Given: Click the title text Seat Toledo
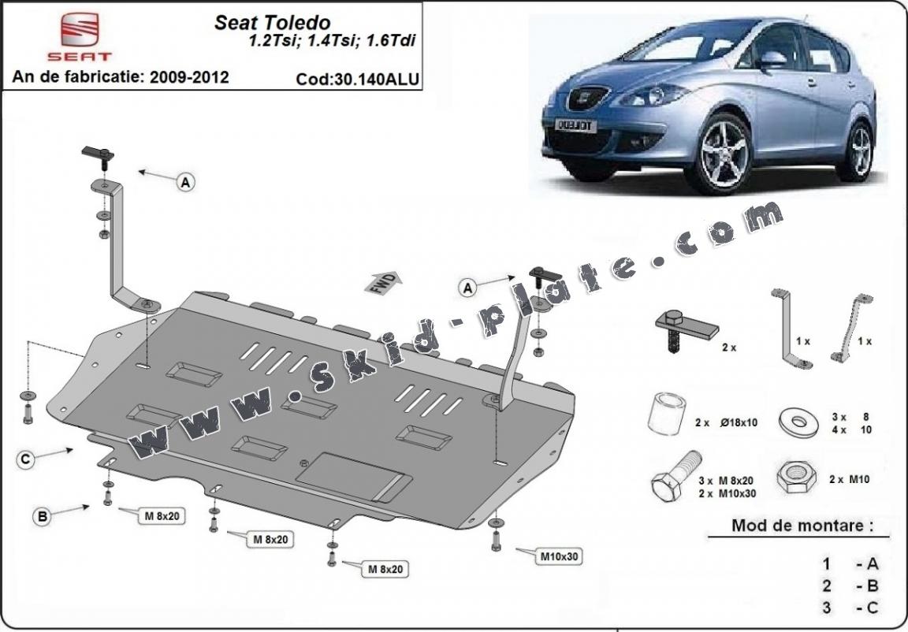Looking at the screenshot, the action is click(x=272, y=23).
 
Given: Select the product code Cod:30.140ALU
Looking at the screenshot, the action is click(x=357, y=79).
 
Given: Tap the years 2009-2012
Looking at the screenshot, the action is click(x=189, y=76).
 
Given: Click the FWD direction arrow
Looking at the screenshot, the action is click(x=383, y=281).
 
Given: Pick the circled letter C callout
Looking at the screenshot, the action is click(x=25, y=459).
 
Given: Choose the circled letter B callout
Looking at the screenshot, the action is click(x=43, y=515).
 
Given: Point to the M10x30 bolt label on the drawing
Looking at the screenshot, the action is click(x=559, y=556).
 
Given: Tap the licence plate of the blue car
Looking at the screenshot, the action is click(x=575, y=125).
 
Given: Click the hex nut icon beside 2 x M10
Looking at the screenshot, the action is click(x=795, y=478).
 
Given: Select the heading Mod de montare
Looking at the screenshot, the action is click(x=802, y=526).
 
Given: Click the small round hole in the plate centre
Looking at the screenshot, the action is click(x=304, y=463).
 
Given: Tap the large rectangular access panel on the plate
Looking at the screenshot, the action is click(x=354, y=476).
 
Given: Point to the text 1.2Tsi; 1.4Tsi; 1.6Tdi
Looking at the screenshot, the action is click(x=332, y=41).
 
